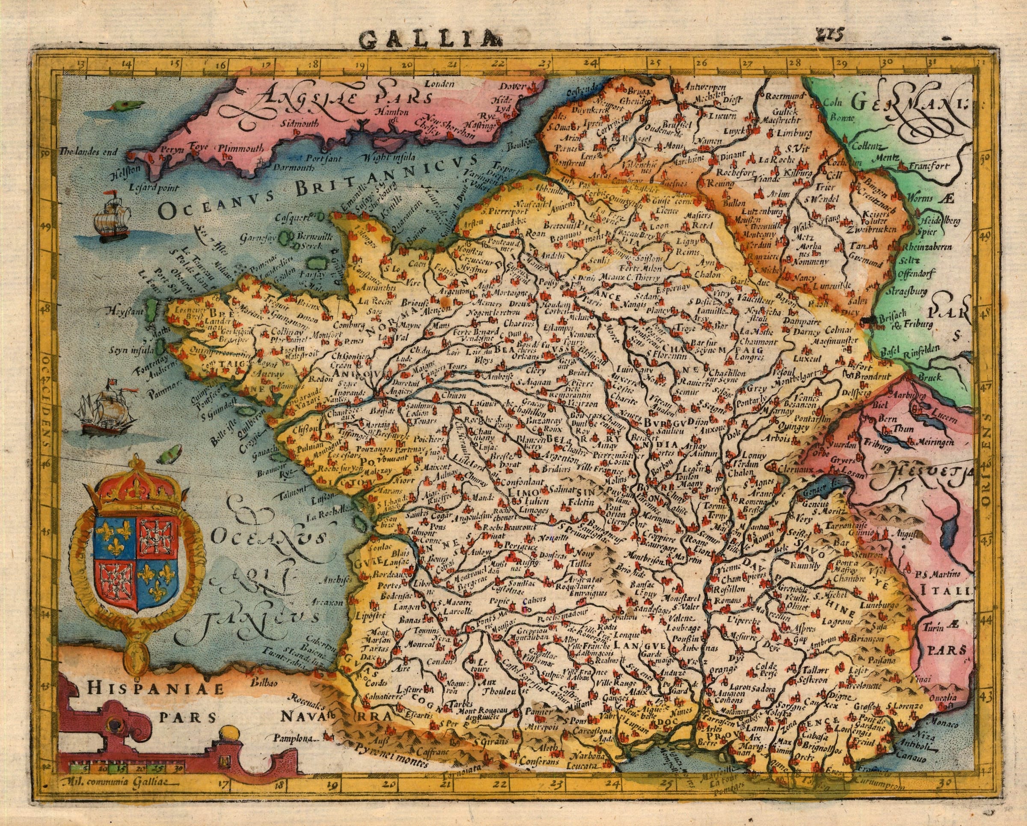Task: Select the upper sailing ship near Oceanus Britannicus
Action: tap(112, 219)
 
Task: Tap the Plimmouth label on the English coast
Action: tap(240, 148)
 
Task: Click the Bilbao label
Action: tap(266, 682)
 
